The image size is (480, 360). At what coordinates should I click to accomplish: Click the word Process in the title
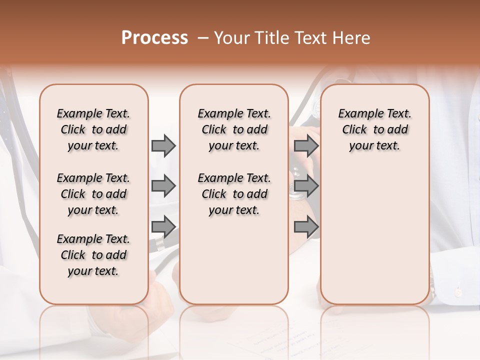(x=154, y=38)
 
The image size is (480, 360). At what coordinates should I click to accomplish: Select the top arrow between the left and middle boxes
(x=163, y=145)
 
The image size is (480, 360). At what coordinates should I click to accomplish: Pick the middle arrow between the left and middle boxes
(x=163, y=186)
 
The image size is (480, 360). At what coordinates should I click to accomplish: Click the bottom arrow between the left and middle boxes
(x=163, y=227)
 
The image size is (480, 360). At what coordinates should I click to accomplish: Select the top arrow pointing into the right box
(x=306, y=145)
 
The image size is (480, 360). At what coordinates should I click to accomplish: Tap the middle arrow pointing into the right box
(x=306, y=186)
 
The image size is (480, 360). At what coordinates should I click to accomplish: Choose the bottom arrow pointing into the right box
(x=306, y=227)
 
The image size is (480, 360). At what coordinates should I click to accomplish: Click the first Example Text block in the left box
(x=93, y=129)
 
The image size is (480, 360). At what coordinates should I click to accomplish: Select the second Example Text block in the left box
(x=93, y=194)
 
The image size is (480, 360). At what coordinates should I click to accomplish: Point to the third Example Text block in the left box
(x=93, y=255)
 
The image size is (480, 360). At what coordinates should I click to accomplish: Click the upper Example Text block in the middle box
(x=234, y=129)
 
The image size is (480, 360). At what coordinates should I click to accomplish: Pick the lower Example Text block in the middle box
(x=234, y=194)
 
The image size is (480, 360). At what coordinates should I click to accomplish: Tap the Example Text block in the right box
(x=375, y=129)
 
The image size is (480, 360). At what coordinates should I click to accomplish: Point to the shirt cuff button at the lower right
(x=458, y=291)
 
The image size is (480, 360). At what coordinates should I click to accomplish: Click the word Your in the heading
(x=232, y=38)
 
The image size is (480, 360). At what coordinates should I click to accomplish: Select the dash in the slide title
(x=202, y=38)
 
